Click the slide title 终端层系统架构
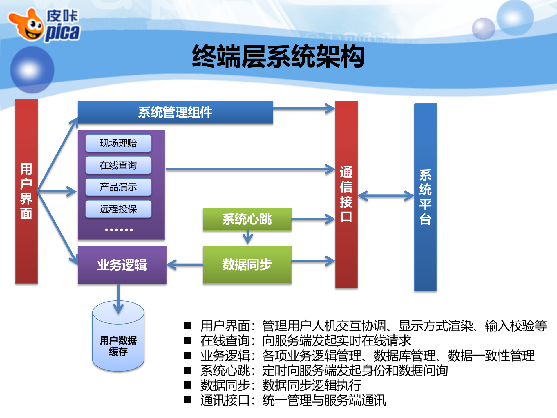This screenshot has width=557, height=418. (278, 57)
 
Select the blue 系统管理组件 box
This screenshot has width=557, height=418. (175, 112)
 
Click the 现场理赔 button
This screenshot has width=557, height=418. (118, 143)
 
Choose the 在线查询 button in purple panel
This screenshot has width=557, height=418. (118, 165)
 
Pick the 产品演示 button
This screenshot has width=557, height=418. (118, 187)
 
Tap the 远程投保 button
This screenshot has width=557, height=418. (118, 209)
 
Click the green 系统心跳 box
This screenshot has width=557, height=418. (247, 219)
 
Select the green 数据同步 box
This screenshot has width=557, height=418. (247, 264)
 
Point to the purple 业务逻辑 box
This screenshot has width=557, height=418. (122, 265)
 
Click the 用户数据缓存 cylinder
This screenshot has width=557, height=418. (118, 343)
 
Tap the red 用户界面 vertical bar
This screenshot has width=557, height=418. (26, 192)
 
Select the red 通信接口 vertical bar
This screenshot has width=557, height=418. (346, 194)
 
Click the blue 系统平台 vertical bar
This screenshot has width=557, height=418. (425, 197)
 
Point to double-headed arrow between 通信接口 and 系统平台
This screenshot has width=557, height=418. (386, 196)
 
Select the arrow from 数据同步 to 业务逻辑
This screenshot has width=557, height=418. (185, 265)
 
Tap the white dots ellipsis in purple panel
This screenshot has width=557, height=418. (119, 230)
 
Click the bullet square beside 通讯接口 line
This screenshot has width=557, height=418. (188, 400)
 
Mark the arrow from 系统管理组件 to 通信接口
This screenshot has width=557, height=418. (303, 109)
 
